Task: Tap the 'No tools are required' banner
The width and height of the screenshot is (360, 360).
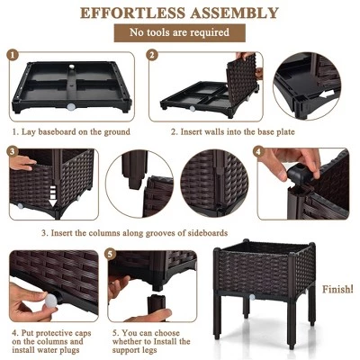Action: tap(179, 33)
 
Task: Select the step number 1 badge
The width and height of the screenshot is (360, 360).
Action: tap(13, 56)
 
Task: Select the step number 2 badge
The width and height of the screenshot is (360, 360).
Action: tap(151, 56)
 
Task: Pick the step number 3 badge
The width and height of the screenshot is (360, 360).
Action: tap(13, 152)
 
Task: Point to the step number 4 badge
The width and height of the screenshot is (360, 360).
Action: tap(259, 152)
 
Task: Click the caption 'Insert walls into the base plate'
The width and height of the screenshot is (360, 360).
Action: tap(212, 131)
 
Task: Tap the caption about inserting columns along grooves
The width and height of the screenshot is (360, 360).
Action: tap(135, 233)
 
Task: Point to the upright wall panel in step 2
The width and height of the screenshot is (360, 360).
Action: tap(241, 81)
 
